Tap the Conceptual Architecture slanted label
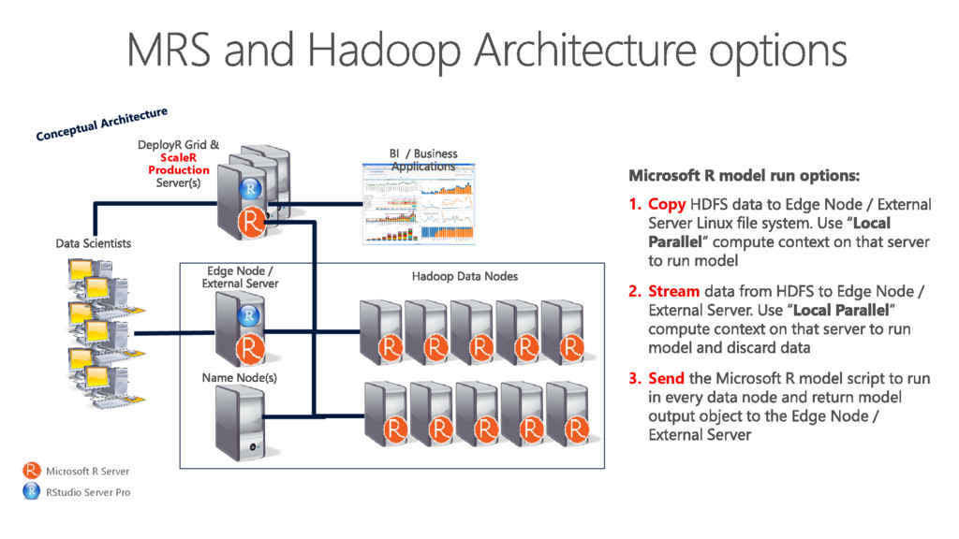pos(101,124)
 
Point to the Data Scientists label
pos(93,243)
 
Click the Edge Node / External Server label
pos(240,277)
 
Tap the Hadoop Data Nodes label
pos(465,276)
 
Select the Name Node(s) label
pos(240,377)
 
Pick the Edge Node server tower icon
pos(242,328)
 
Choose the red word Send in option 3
pos(667,378)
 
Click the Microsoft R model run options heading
pos(744,175)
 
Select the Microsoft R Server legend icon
pos(32,471)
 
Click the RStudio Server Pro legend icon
pos(32,491)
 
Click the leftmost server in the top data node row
pos(382,333)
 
